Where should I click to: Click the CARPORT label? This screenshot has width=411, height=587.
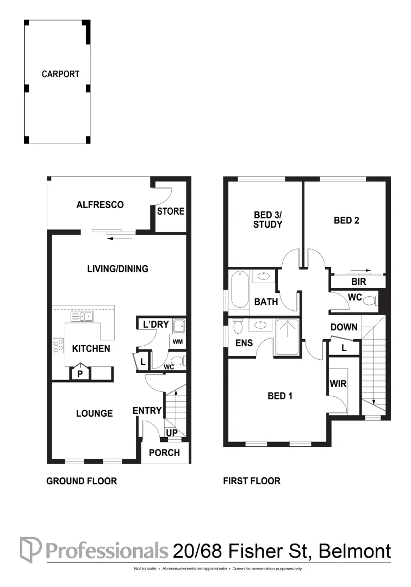pos(61,74)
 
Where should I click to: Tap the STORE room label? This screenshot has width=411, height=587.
pos(171,211)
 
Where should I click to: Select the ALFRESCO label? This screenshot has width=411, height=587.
pos(100,205)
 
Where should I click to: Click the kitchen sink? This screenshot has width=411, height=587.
pos(82,317)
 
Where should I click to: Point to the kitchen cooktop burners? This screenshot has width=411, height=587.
pos(58,346)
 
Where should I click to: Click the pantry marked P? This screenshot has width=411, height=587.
pos(80,373)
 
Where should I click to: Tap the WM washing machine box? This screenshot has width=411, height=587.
pos(178,342)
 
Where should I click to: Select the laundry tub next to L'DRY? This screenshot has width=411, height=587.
pos(179,327)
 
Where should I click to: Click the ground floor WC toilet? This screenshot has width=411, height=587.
pos(178,361)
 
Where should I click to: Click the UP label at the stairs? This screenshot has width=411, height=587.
pos(172,433)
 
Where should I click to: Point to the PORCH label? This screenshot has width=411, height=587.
pos(164,453)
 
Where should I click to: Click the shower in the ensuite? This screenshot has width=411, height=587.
pos(288,338)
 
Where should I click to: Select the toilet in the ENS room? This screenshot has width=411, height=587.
pos(238,326)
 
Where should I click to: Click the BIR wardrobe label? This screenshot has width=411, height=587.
pos(359,282)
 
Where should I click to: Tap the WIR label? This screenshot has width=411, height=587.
pos(338,384)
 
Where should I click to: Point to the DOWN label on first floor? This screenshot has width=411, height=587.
pos(344,327)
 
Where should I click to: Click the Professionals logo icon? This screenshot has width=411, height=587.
pos(30,550)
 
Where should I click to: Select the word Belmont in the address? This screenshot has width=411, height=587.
pos(355,551)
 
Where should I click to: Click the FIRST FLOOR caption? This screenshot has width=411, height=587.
pos(252,481)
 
